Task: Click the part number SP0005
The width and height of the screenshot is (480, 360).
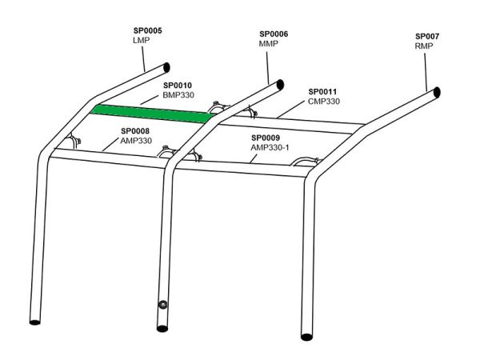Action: [x=147, y=30]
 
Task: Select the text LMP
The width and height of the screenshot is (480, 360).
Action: [x=142, y=40]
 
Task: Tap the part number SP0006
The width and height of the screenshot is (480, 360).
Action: [x=274, y=34]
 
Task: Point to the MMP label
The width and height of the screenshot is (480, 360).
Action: [x=269, y=43]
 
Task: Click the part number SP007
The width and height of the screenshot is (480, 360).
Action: [x=427, y=36]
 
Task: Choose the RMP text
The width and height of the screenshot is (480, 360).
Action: [x=424, y=46]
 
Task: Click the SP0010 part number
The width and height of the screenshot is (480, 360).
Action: [x=178, y=86]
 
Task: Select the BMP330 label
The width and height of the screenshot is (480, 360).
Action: [x=178, y=95]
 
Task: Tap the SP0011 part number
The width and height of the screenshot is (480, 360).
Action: [x=322, y=91]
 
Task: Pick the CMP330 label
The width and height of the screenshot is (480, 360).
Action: [x=324, y=101]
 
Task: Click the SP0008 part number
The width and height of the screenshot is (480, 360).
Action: [x=135, y=131]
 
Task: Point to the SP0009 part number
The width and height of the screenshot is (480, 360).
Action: [x=266, y=138]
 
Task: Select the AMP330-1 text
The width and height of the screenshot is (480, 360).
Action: [x=270, y=147]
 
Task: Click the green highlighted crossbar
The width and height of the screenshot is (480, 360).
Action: [x=152, y=114]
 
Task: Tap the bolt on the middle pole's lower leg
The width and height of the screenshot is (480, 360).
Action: [x=162, y=305]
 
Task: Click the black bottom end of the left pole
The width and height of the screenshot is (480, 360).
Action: [x=35, y=322]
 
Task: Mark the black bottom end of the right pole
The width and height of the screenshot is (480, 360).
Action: [x=306, y=337]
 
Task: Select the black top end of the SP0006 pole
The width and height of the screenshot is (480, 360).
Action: [x=280, y=85]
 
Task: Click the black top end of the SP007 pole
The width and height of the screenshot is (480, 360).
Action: [x=437, y=92]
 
